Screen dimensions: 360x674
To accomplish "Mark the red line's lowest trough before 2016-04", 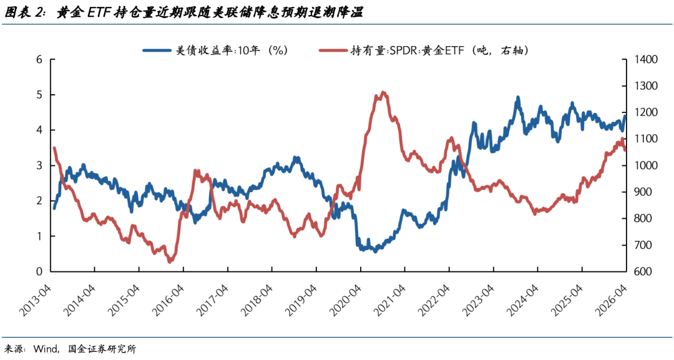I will (x=170, y=261).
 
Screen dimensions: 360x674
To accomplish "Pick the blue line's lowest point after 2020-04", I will (x=375, y=251).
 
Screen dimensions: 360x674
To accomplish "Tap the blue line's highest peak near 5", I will (x=518, y=97).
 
